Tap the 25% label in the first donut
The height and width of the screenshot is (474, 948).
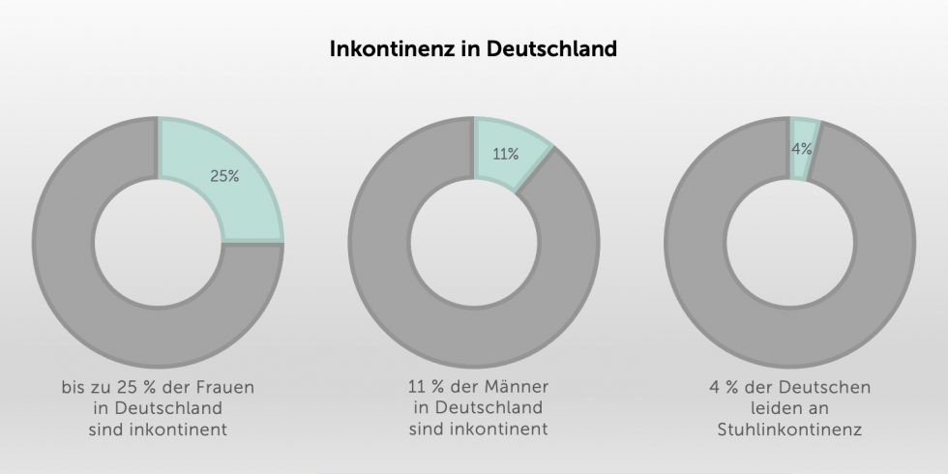point(224,177)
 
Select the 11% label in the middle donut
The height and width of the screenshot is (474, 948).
point(506,154)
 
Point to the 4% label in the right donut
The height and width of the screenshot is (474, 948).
point(801,149)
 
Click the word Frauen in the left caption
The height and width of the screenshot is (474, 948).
point(235,388)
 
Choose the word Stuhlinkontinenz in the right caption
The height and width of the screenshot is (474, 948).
point(789,427)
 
